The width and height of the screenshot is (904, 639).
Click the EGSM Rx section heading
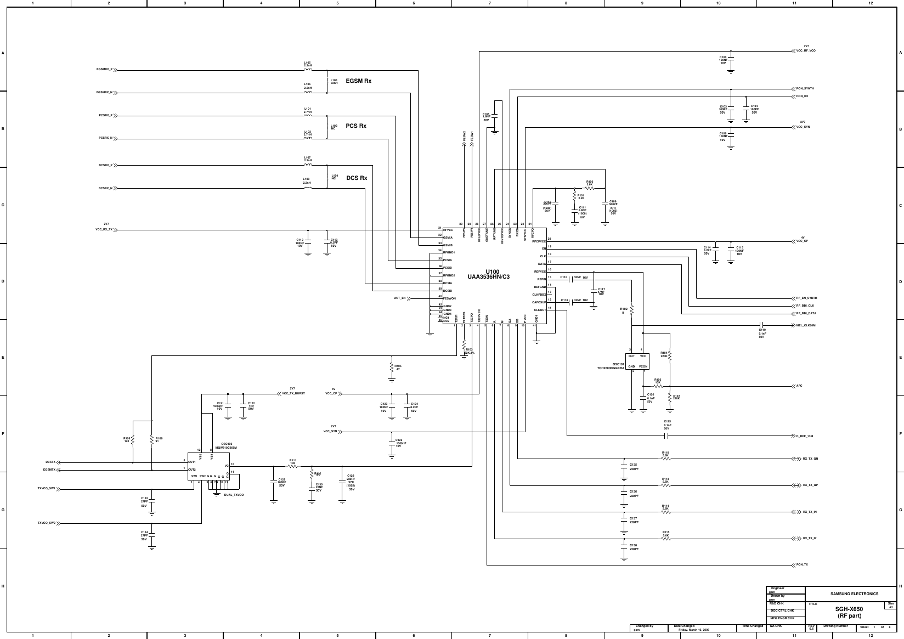(358, 81)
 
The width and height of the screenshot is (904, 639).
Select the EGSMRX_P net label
(104, 70)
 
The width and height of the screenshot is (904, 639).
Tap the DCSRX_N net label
(105, 188)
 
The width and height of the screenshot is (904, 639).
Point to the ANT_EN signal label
(399, 298)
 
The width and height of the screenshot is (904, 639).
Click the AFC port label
(800, 386)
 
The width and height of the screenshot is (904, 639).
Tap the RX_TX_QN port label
(810, 459)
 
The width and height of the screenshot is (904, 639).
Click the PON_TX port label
(802, 564)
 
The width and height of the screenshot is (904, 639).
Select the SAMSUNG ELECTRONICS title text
(854, 593)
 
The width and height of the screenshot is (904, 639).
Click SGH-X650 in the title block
(849, 609)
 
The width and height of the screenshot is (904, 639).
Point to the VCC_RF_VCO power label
(806, 50)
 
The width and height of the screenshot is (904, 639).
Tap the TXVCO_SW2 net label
(46, 523)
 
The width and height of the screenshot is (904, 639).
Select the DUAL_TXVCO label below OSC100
(234, 495)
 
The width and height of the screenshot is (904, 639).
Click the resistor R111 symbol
(292, 466)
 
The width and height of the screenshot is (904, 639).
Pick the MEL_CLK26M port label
(806, 325)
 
